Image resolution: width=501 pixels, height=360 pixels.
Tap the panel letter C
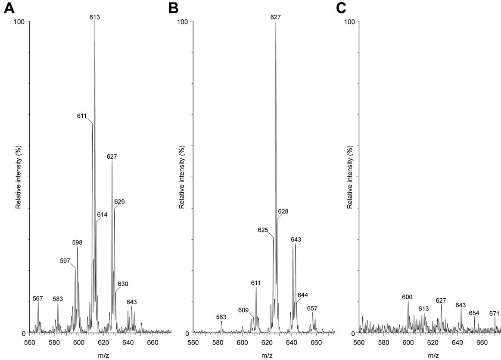tap(340, 8)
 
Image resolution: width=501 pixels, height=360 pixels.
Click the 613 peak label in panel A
tap(95, 17)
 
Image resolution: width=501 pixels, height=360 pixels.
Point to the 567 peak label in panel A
tap(38, 298)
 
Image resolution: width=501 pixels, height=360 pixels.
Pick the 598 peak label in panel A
tap(77, 243)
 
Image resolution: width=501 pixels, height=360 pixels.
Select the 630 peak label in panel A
tap(123, 284)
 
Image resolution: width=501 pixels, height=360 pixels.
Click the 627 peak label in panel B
tap(276, 17)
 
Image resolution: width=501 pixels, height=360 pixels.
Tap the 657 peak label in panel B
tap(312, 309)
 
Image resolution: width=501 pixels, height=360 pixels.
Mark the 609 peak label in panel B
tap(244, 310)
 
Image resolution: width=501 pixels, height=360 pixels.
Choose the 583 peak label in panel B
tap(221, 317)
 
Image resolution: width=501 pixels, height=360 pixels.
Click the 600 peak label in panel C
tap(408, 297)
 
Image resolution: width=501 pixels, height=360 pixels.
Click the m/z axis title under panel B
tap(264, 356)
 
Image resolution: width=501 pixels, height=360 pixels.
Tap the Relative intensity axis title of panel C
tap(349, 177)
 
